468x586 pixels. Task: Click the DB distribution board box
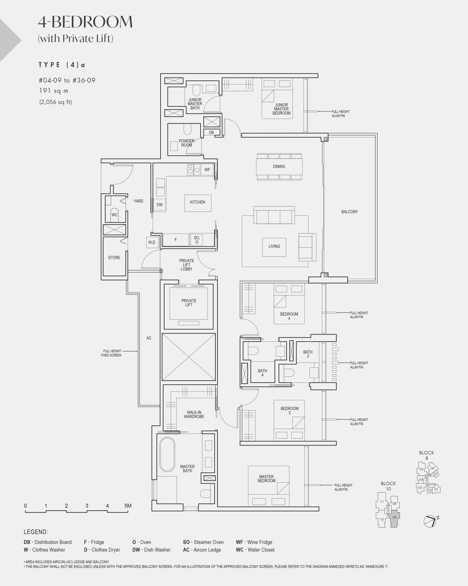(211, 132)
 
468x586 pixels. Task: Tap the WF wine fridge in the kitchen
(207, 170)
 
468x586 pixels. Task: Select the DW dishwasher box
(159, 205)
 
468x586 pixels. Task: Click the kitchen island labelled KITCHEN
(198, 203)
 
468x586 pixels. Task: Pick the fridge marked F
(176, 240)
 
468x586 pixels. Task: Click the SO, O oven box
(196, 240)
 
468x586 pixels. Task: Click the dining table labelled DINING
(279, 167)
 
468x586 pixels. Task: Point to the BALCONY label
(350, 212)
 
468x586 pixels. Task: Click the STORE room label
(114, 258)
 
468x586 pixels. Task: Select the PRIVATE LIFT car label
(189, 303)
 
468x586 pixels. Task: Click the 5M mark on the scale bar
(128, 506)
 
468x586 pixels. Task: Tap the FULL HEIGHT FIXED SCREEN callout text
(111, 353)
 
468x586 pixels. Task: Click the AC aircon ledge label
(149, 338)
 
